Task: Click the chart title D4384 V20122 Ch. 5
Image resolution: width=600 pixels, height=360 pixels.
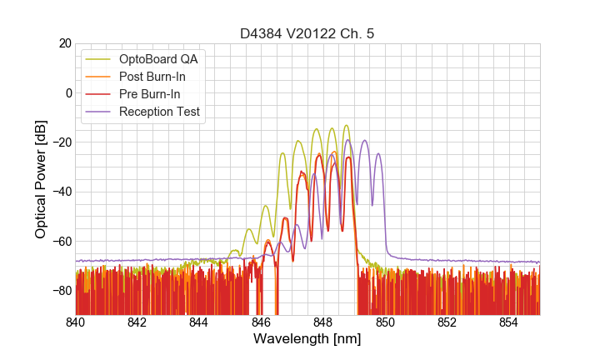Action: [x=307, y=33]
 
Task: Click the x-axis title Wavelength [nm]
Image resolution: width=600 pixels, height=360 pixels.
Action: [x=307, y=340]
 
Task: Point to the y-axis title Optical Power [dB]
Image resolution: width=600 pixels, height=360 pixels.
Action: [x=41, y=178]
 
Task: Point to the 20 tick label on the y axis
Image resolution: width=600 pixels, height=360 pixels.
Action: [x=64, y=43]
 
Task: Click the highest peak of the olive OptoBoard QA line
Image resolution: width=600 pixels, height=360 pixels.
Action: [x=346, y=125]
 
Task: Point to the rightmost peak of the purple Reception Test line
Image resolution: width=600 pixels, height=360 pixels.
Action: [x=378, y=153]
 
